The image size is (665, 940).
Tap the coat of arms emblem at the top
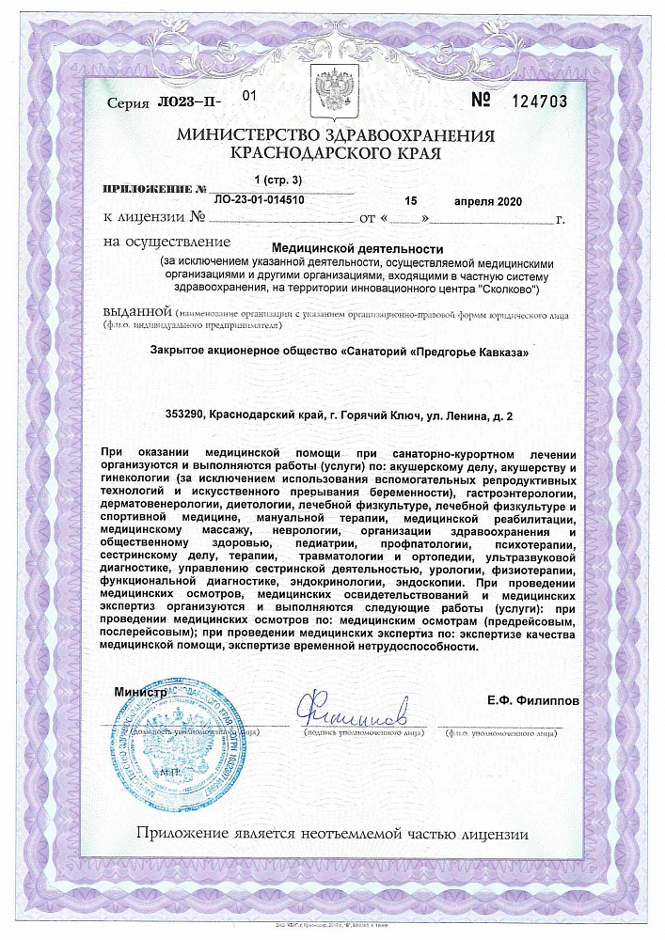pos(332,88)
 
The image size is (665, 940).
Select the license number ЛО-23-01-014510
pos(260,200)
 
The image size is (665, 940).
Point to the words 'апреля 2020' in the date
pos(486,201)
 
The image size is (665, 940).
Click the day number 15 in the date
pos(409,201)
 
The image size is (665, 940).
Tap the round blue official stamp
pos(177,744)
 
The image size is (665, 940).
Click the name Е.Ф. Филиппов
pos(533,701)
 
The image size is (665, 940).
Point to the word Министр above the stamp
pos(140,693)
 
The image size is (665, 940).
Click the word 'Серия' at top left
pos(127,104)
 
